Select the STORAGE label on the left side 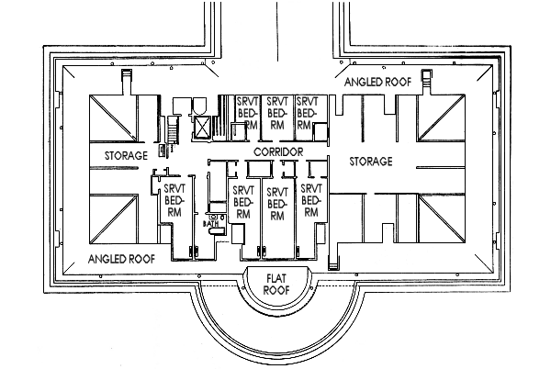coord(125,156)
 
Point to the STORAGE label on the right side coord(371,162)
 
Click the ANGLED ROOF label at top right coord(377,83)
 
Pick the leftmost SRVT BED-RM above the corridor coord(246,115)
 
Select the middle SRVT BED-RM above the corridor coord(275,115)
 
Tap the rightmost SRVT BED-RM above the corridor coord(307,115)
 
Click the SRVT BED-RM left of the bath coord(174,201)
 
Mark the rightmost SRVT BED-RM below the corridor coord(310,201)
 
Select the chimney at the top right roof coord(427,79)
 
